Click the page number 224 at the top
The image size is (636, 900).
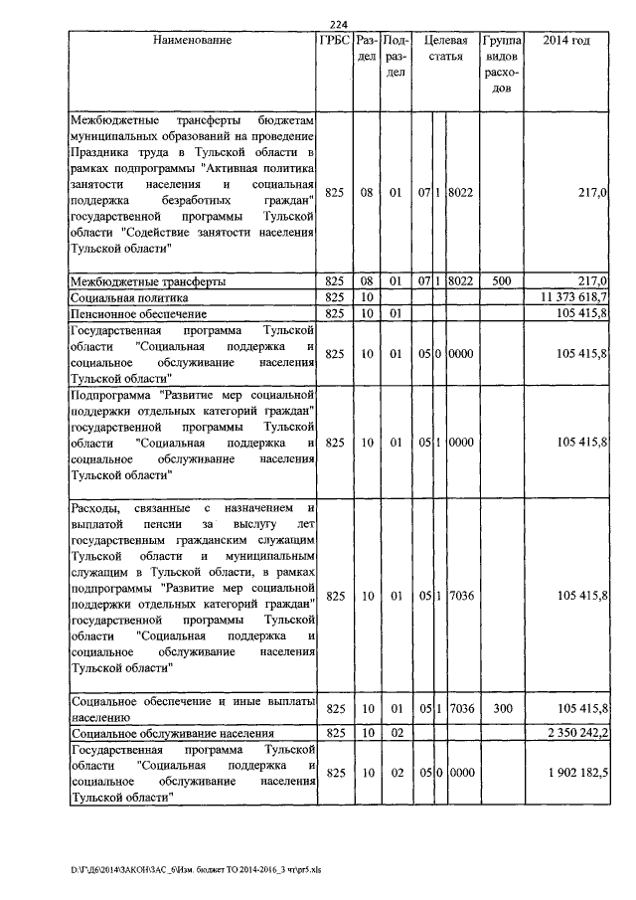337,25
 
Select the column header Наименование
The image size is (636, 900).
192,41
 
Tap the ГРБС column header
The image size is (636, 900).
334,41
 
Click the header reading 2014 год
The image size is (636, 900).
567,41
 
